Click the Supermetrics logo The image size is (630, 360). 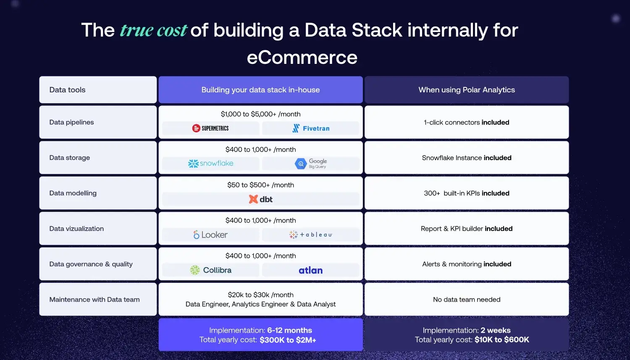210,128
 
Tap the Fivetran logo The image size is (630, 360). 311,128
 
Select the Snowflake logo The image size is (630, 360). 210,163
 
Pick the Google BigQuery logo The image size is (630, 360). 311,163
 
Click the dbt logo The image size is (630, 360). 260,199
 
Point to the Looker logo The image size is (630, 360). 210,235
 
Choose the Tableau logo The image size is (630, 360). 311,235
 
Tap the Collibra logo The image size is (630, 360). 210,270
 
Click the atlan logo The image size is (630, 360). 311,270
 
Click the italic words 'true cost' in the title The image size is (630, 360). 153,30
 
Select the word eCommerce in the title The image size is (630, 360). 302,58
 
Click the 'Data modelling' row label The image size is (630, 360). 73,193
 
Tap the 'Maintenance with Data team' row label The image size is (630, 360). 94,300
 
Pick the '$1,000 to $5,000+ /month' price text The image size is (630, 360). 260,114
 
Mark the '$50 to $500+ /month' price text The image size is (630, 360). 260,185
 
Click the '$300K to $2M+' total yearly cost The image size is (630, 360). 288,340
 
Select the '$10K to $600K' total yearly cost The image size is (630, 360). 501,340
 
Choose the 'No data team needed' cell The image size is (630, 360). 467,300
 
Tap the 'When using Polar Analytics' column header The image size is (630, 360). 467,90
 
